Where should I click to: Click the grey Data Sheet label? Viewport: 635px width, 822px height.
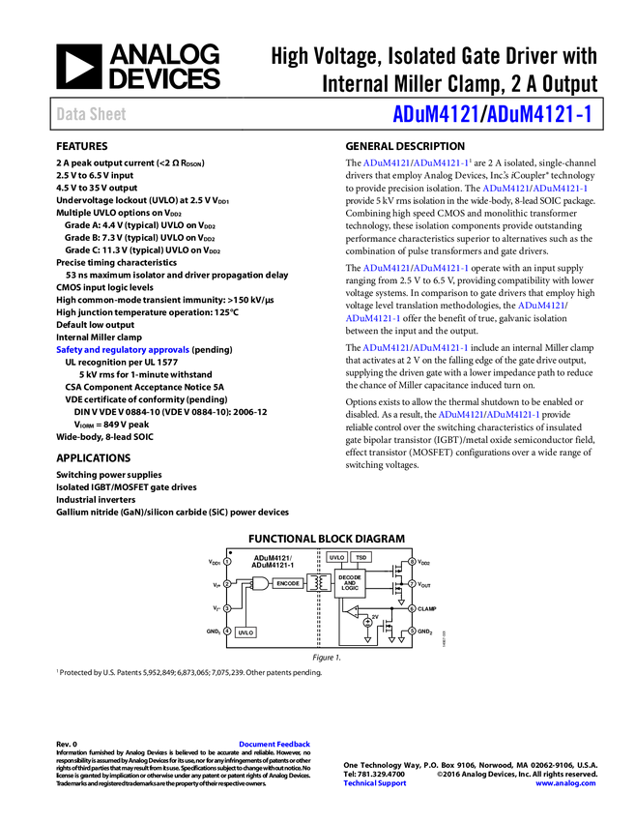pos(92,114)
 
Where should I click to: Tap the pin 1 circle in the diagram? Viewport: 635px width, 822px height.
pos(227,562)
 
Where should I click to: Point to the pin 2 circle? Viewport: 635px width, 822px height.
pos(227,584)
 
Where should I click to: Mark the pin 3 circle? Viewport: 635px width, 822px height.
pos(227,608)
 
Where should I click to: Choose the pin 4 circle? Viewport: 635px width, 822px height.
pos(227,631)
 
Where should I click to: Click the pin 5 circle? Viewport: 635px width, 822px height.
pos(412,631)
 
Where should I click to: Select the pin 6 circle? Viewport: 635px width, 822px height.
pos(412,608)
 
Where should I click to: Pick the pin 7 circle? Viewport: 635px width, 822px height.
pos(412,584)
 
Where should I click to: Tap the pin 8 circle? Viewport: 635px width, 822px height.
pos(412,562)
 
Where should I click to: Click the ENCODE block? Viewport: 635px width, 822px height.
pos(288,584)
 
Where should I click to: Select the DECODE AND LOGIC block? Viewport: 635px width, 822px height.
pos(350,582)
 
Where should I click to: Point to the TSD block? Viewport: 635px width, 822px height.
pos(361,558)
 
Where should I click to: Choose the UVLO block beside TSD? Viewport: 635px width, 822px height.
pos(336,558)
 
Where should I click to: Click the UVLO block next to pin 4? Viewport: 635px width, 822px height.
pos(245,632)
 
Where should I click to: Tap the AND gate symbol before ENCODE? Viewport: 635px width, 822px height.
pos(259,584)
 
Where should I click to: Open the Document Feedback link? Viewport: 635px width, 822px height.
pos(275,745)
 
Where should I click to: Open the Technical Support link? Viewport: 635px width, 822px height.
pos(375,783)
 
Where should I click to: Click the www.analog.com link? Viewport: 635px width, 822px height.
pos(565,783)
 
